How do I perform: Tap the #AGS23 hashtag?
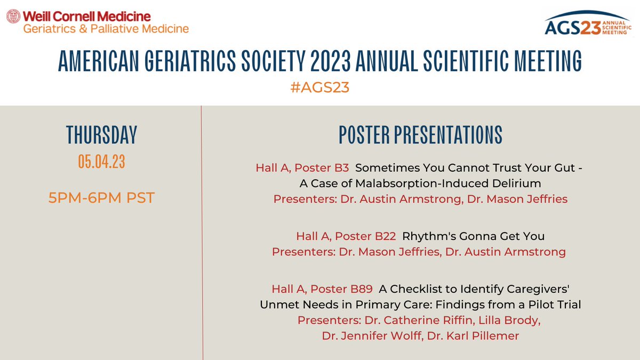[x=319, y=87]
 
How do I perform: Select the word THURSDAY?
[x=101, y=135]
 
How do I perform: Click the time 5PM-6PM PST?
[x=101, y=198]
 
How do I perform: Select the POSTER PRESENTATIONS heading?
[x=420, y=135]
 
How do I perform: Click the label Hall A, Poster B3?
[x=302, y=168]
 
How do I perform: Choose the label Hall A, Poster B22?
[x=346, y=236]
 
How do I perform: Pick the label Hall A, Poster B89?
[x=322, y=289]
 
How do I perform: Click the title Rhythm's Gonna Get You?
[x=473, y=236]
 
